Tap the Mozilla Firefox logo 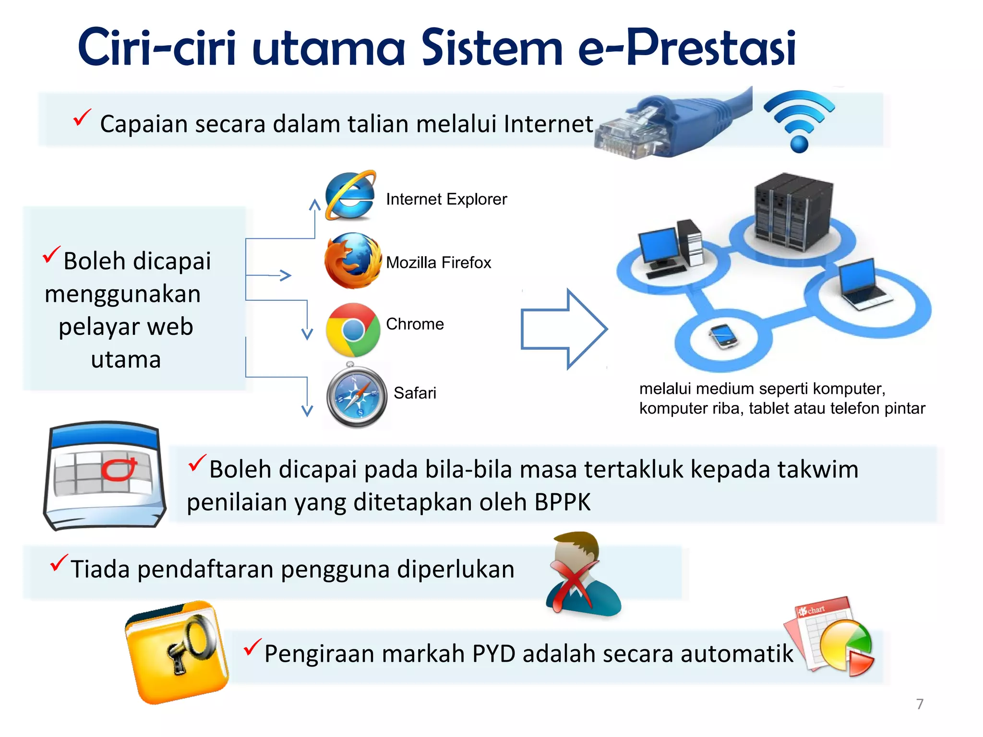pyautogui.click(x=353, y=261)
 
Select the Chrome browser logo pyautogui.click(x=353, y=330)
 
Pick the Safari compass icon pyautogui.click(x=357, y=396)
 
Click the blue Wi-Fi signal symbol pyautogui.click(x=799, y=120)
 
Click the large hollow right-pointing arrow pyautogui.click(x=564, y=329)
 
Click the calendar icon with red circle pyautogui.click(x=105, y=475)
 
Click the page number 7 pyautogui.click(x=920, y=704)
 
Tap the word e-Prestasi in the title pyautogui.click(x=686, y=48)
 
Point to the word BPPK pyautogui.click(x=562, y=502)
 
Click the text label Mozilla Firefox pyautogui.click(x=438, y=262)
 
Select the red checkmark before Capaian pyautogui.click(x=82, y=118)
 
